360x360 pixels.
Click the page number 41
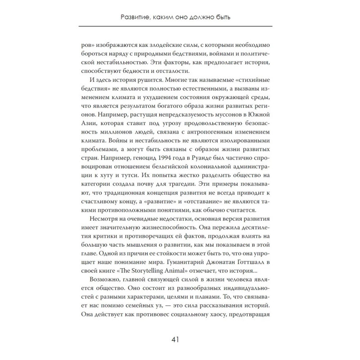pos(180,339)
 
